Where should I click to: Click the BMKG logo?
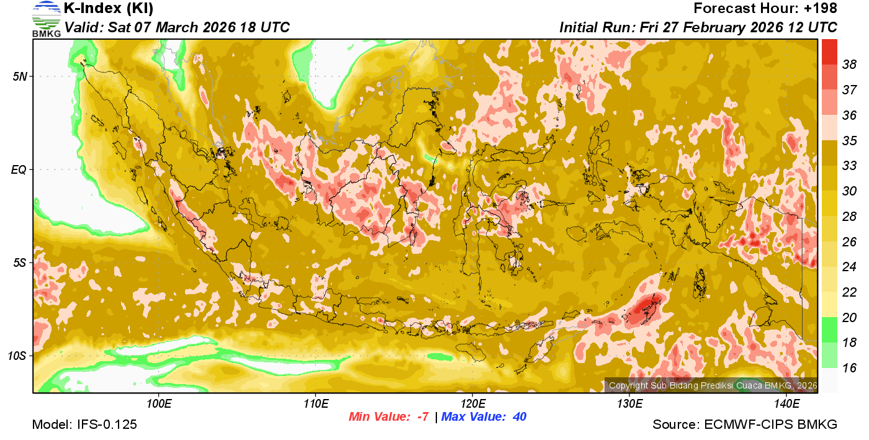46,19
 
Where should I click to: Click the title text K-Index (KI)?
109,9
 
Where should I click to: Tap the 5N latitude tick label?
19,76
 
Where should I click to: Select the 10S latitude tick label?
17,356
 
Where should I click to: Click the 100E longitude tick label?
158,404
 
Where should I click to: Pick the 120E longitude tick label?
472,404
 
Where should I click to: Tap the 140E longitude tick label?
786,404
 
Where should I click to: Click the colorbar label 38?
849,65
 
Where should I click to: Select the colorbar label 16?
849,368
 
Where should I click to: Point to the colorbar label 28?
849,216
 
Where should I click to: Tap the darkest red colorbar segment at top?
829,52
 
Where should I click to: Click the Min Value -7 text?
389,417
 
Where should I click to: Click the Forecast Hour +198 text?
765,9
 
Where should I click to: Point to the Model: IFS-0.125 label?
84,425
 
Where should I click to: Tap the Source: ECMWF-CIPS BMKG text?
745,425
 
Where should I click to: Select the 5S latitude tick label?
19,263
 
